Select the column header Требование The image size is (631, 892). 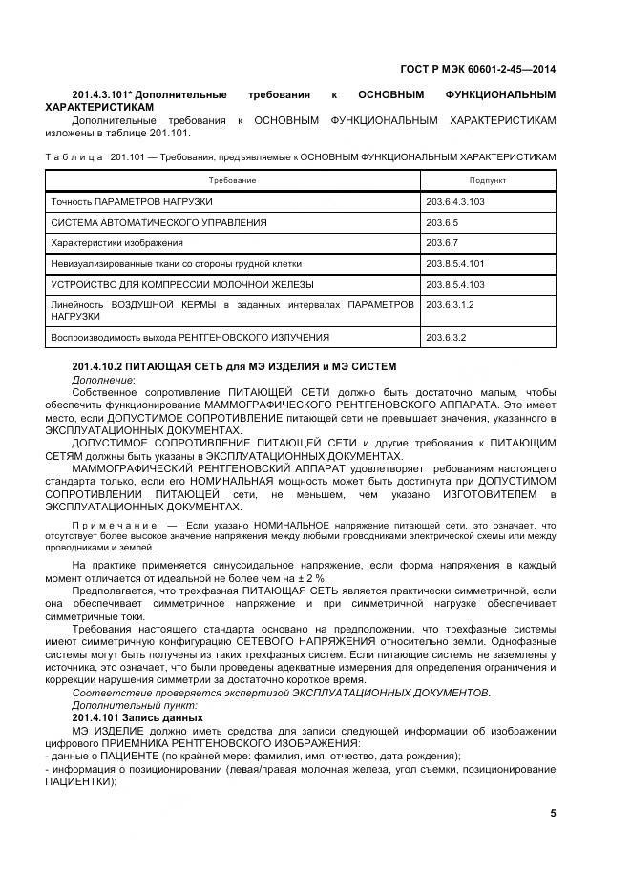233,180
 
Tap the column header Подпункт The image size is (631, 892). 487,180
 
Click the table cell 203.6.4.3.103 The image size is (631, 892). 455,202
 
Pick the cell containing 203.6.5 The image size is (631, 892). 444,222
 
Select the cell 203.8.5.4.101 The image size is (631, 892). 455,263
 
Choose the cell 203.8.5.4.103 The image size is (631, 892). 455,284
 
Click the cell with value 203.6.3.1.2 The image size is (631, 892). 451,304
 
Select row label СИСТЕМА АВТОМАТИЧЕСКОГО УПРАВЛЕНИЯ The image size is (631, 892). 158,222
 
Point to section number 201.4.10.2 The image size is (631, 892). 102,367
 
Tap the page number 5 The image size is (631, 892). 553,813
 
